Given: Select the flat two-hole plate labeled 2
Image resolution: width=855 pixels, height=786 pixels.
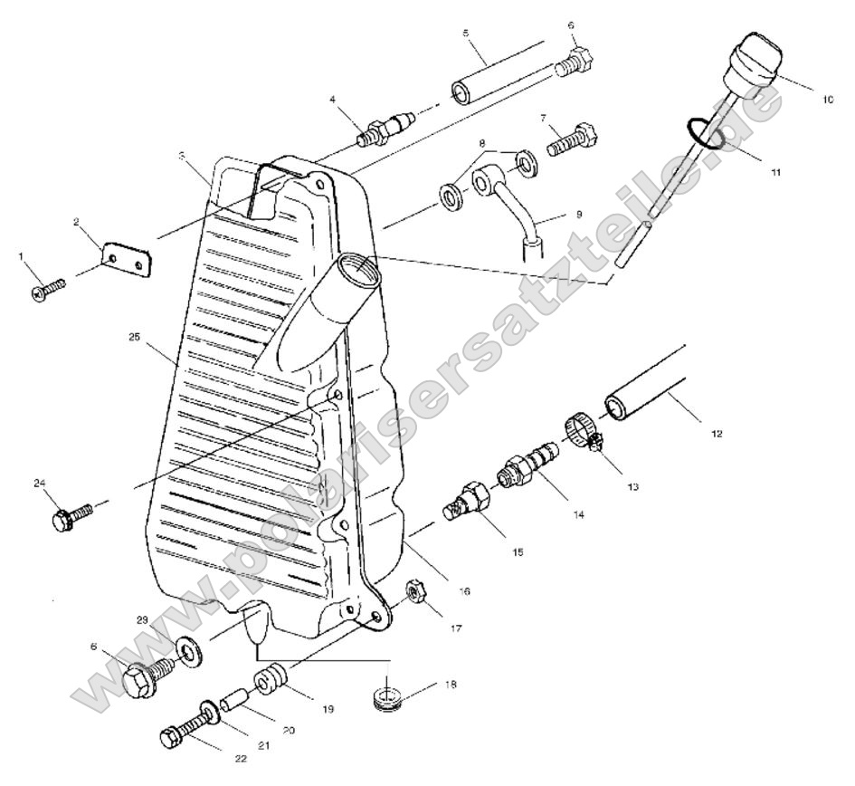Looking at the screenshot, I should [x=124, y=260].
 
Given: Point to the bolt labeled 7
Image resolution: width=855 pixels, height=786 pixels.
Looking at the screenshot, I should [x=569, y=141].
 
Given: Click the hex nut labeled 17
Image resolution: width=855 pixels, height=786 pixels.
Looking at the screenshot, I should [x=417, y=594].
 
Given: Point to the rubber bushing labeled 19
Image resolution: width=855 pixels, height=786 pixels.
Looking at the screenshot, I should [x=272, y=680].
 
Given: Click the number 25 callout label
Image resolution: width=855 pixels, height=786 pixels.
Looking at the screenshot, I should [x=135, y=337].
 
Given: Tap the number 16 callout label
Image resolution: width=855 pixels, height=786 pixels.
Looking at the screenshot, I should [x=464, y=590].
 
